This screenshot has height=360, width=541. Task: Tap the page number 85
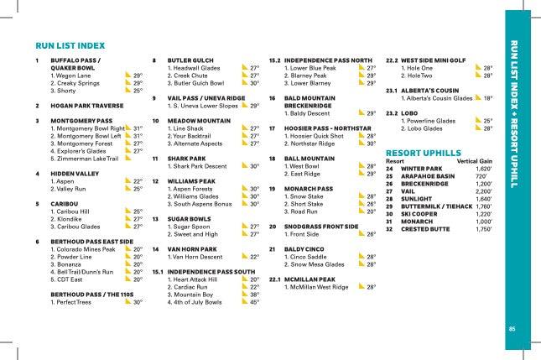tap(512, 328)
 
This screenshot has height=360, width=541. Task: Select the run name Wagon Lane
tap(73, 76)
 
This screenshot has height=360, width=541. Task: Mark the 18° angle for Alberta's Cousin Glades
tap(487, 98)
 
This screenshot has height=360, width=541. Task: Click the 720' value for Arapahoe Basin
tap(481, 176)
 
